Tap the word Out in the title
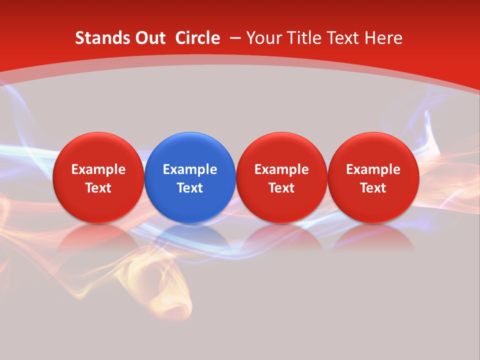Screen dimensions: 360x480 (149, 38)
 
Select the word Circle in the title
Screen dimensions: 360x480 (197, 38)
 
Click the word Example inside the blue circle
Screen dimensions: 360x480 (190, 169)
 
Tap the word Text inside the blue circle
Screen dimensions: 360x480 (190, 188)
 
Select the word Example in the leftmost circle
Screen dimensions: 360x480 (98, 169)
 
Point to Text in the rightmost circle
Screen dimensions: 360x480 (373, 188)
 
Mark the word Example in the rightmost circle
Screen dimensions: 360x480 (373, 169)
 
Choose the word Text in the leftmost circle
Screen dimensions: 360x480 (98, 188)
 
